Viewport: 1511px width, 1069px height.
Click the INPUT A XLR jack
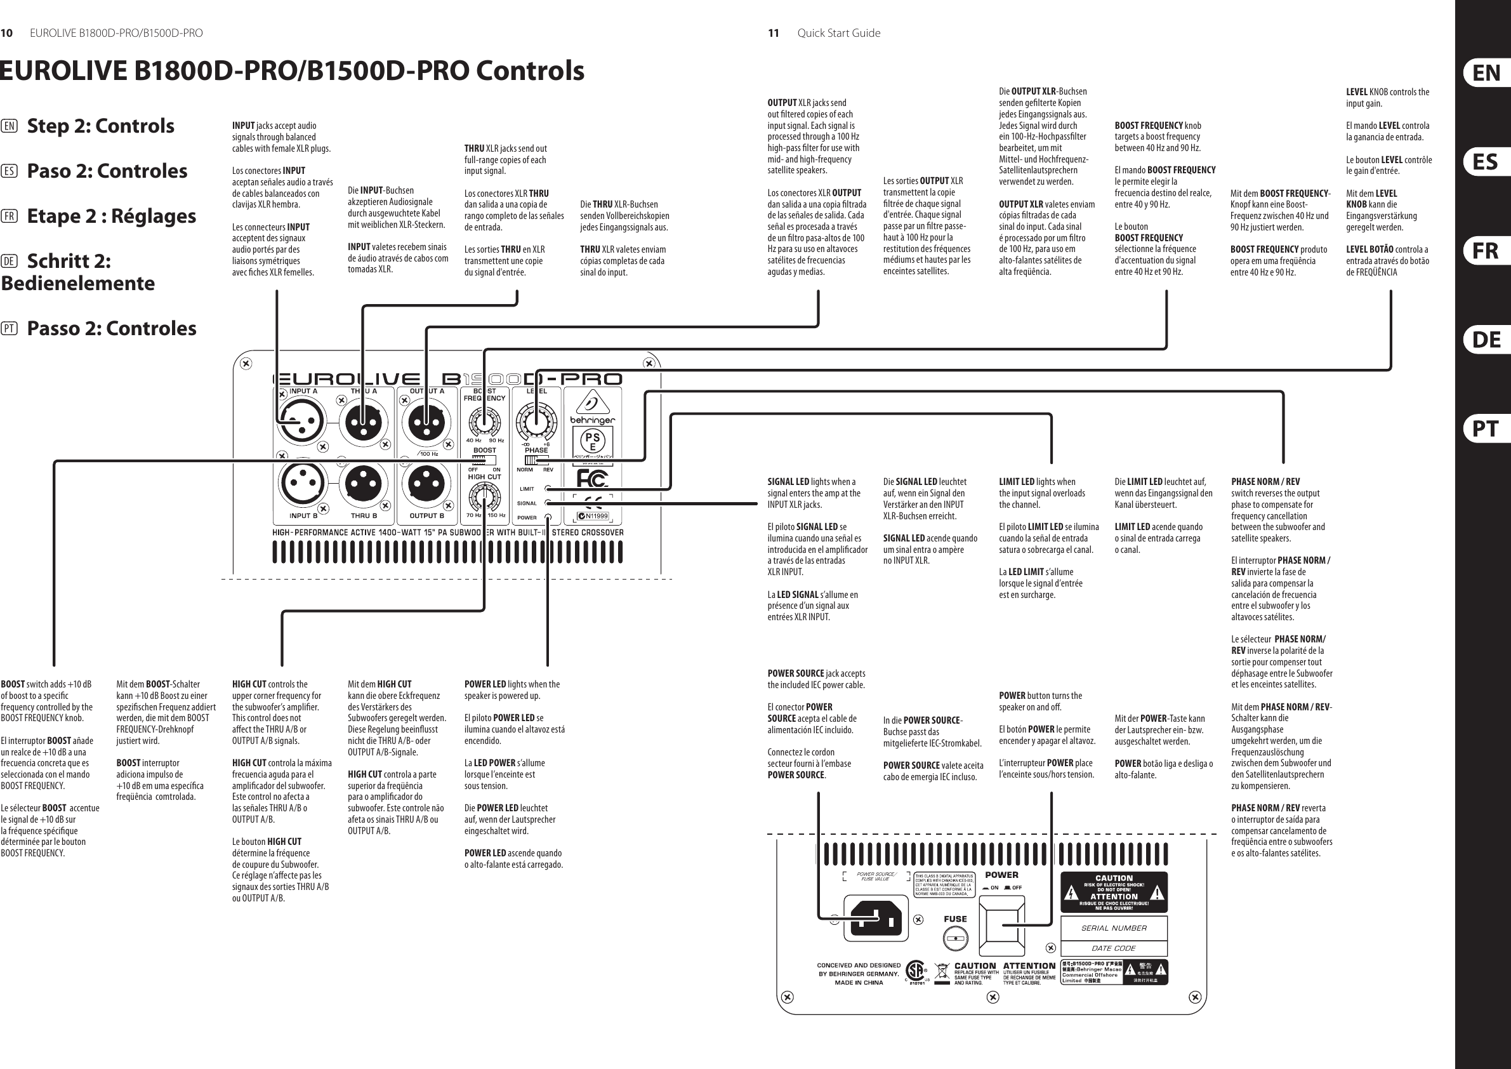[x=301, y=422]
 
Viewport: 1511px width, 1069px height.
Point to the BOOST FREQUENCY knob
[x=484, y=421]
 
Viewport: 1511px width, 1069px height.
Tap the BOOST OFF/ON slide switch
[x=484, y=461]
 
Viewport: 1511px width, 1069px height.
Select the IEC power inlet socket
[x=876, y=918]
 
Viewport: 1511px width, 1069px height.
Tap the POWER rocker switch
[x=1001, y=926]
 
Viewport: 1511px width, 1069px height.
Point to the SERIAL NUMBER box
[x=1114, y=928]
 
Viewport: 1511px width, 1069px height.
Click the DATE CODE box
[x=1114, y=948]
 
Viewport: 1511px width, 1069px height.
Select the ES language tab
[x=1486, y=162]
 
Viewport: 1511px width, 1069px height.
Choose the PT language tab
[x=1486, y=429]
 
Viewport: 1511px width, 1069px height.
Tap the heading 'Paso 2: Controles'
[x=107, y=171]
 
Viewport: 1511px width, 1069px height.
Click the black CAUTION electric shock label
[x=1114, y=892]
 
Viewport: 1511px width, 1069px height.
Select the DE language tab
[x=1486, y=340]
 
